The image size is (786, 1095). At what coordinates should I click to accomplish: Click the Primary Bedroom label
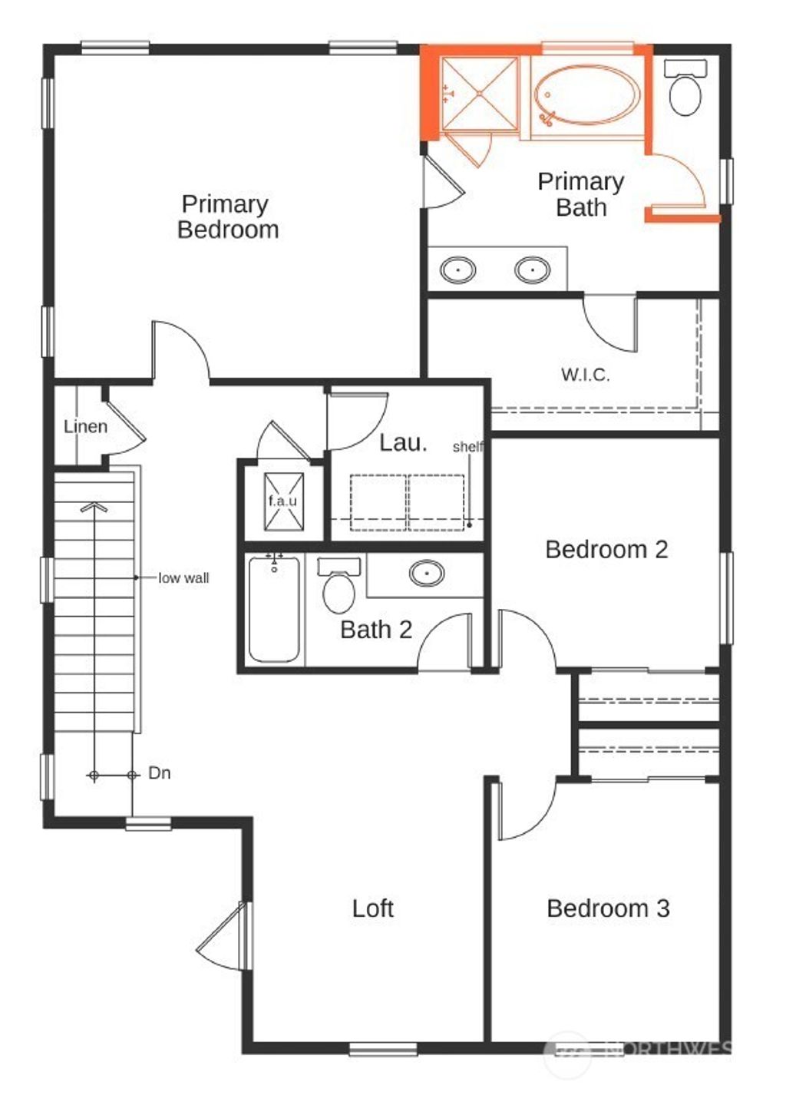pyautogui.click(x=227, y=217)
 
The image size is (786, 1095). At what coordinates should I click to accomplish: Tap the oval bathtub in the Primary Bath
pyautogui.click(x=587, y=95)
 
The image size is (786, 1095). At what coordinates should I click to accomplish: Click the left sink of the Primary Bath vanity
pyautogui.click(x=458, y=270)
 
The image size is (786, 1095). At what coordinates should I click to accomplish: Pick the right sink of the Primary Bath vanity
pyautogui.click(x=532, y=270)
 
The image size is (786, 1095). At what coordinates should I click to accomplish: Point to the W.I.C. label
pyautogui.click(x=586, y=375)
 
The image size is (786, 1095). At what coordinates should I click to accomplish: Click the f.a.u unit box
pyautogui.click(x=283, y=501)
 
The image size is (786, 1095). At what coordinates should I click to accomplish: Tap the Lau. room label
pyautogui.click(x=403, y=443)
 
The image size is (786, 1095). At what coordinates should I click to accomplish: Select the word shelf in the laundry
pyautogui.click(x=467, y=447)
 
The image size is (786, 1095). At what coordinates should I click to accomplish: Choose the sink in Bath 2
pyautogui.click(x=427, y=573)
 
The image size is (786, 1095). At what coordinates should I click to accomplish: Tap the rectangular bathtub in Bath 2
pyautogui.click(x=274, y=609)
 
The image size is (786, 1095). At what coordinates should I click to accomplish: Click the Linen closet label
pyautogui.click(x=85, y=427)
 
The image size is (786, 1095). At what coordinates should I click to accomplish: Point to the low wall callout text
pyautogui.click(x=183, y=578)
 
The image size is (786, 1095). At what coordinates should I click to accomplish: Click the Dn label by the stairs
pyautogui.click(x=159, y=773)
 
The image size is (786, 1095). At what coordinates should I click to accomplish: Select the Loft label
pyautogui.click(x=372, y=908)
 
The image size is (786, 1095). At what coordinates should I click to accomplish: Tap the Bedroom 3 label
pyautogui.click(x=608, y=908)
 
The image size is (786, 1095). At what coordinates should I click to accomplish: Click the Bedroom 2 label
pyautogui.click(x=606, y=550)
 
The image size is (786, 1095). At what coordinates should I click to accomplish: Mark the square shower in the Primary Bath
pyautogui.click(x=481, y=94)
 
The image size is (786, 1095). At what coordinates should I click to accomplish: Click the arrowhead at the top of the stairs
pyautogui.click(x=94, y=507)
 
